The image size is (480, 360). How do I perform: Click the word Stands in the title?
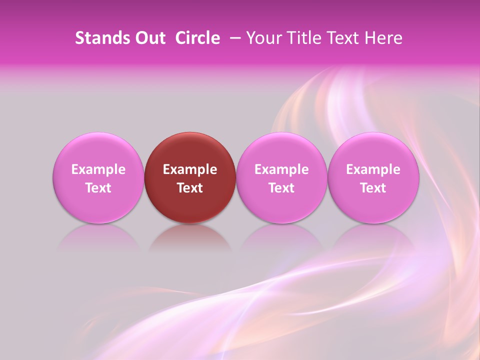[x=98, y=38]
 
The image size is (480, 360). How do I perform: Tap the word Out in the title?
[x=148, y=38]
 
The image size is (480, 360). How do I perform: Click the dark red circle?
[x=190, y=150]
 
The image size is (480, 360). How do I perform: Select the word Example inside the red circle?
[x=190, y=169]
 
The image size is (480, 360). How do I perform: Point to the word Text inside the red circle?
[x=190, y=188]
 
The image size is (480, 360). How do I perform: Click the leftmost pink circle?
[x=98, y=150]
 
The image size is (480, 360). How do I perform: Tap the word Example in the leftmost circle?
[x=98, y=169]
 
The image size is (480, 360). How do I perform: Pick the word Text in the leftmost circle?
[x=98, y=188]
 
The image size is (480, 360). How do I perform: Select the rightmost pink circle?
[x=373, y=150]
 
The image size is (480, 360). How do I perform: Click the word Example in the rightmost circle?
[x=373, y=169]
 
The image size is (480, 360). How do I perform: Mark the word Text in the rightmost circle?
[x=373, y=188]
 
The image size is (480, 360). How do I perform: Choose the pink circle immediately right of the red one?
[x=281, y=150]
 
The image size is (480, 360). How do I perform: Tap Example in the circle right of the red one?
[x=281, y=169]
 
